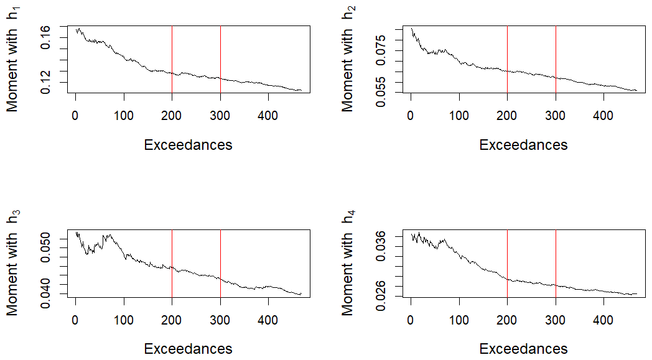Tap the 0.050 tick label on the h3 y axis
click(x=47, y=244)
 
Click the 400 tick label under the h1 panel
click(x=268, y=115)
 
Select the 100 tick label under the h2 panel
click(x=459, y=115)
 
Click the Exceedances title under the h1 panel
click(x=188, y=145)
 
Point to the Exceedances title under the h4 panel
click(x=523, y=349)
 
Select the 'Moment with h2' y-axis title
click(x=348, y=61)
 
